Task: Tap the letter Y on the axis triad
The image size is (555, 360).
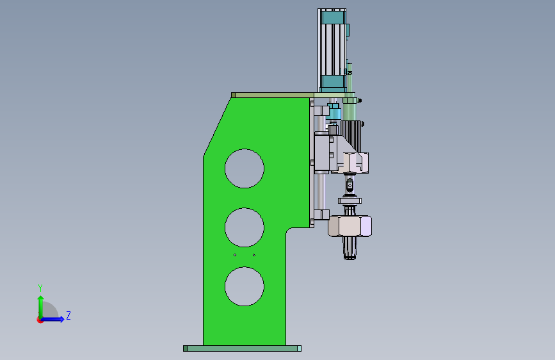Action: point(40,288)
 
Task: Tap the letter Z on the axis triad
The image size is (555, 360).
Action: point(68,315)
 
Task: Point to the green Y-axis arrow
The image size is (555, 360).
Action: point(41,307)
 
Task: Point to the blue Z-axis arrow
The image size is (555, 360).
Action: point(52,319)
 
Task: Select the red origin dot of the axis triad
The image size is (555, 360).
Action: point(40,320)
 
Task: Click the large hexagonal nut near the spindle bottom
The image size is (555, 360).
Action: point(350,225)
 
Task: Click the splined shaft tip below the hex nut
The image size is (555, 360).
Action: point(350,248)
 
